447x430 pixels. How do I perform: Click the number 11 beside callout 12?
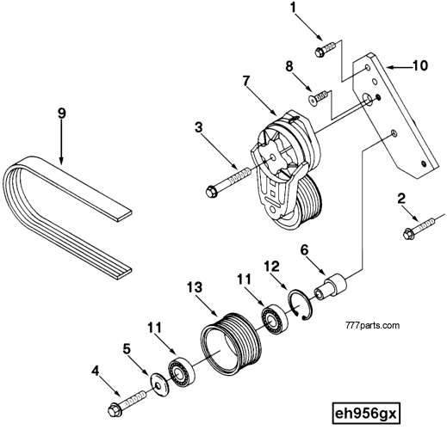(245, 279)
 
